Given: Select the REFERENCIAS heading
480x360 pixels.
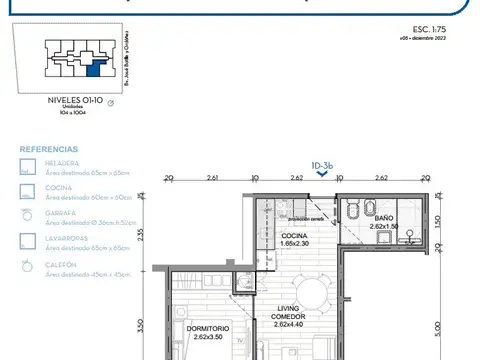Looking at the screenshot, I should [x=46, y=144].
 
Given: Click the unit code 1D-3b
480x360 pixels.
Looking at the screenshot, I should [x=320, y=160].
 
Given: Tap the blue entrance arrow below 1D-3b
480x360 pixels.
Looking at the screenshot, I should [x=320, y=172].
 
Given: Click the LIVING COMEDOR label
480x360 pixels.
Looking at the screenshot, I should [x=287, y=314].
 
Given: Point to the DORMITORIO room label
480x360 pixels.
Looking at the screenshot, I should [x=208, y=328].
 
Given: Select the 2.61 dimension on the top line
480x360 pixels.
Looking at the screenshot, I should [x=212, y=178].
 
